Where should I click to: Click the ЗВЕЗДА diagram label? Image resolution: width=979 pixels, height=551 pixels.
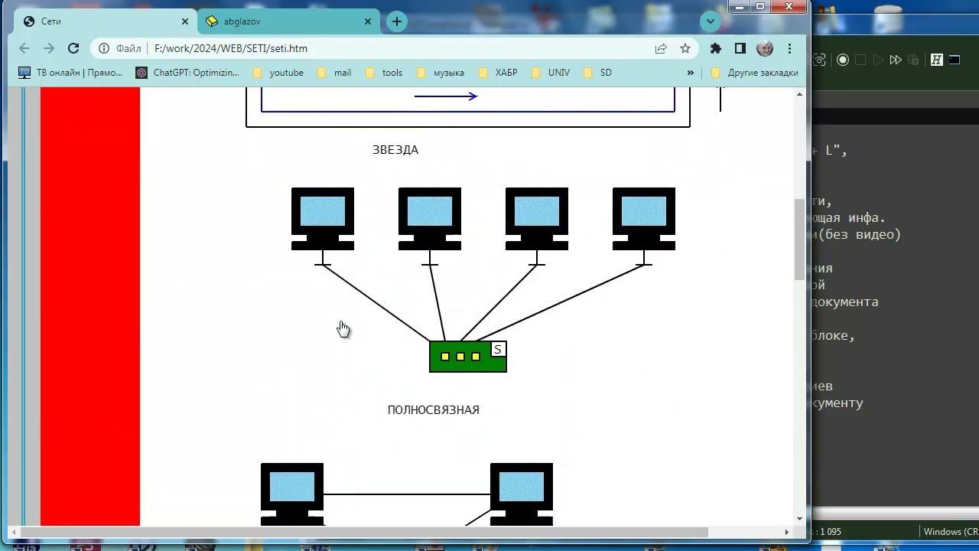tap(395, 150)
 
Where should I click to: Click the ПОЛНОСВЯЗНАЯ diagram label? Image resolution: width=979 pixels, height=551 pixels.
tap(433, 410)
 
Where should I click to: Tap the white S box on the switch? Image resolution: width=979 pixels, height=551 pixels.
tap(498, 350)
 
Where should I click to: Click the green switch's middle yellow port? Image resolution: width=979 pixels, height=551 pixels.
tap(460, 357)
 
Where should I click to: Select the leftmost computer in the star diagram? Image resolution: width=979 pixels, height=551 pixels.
tap(323, 218)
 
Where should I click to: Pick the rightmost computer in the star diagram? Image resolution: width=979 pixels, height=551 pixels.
tap(644, 218)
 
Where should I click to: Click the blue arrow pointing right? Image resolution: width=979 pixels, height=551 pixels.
tap(446, 96)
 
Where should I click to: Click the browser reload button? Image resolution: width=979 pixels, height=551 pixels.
tap(73, 48)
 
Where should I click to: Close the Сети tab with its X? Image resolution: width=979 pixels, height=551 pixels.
tap(185, 21)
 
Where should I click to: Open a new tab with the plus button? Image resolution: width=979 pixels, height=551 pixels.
tap(396, 21)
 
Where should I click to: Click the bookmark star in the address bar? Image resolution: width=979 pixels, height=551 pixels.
tap(685, 48)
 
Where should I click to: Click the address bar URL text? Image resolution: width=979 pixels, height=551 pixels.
tap(231, 48)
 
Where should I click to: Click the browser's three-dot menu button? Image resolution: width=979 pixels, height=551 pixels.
tap(789, 48)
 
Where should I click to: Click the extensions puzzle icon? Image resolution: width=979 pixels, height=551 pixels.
tap(716, 48)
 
